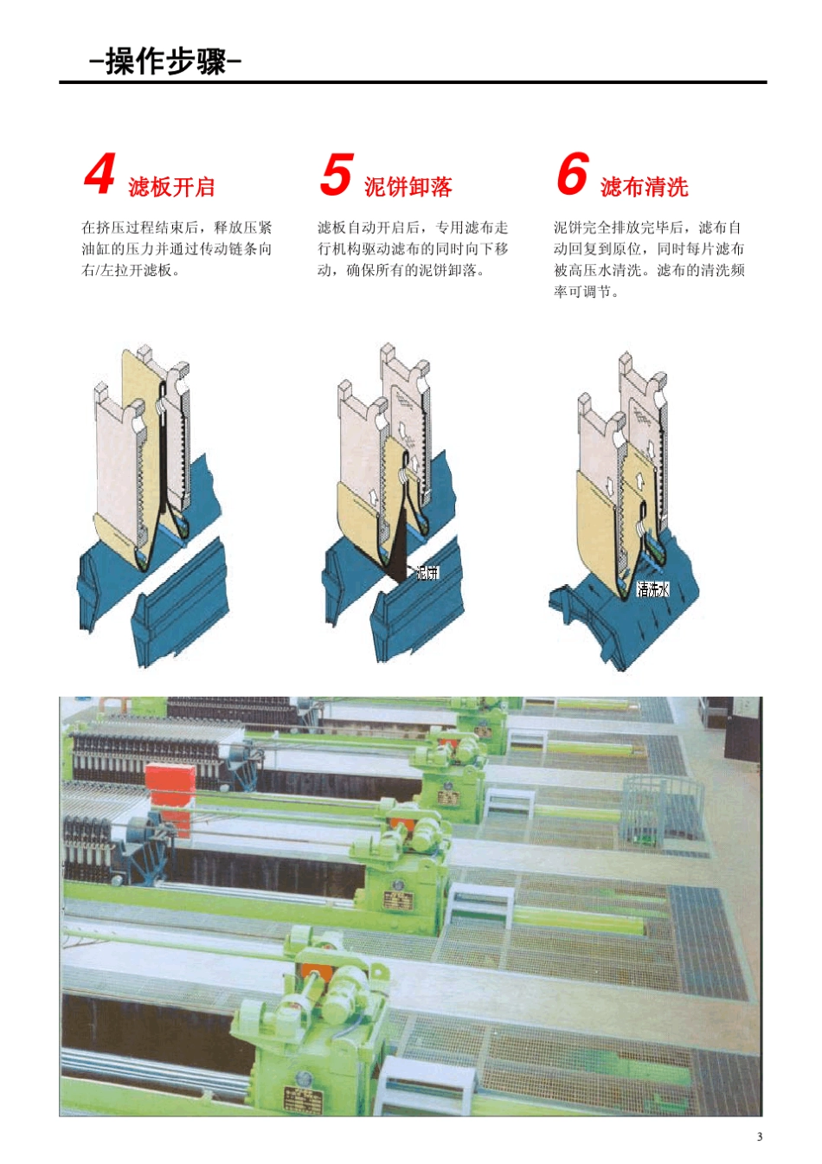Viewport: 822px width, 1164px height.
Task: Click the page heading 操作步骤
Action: point(164,61)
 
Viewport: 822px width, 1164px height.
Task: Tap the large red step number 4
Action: point(100,175)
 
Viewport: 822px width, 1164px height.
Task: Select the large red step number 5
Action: point(336,175)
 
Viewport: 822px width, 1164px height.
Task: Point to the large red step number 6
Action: point(572,175)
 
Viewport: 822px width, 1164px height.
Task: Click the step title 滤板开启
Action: point(171,187)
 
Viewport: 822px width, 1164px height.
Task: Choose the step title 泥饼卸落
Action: point(408,187)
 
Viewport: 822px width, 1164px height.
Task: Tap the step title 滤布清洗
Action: point(644,187)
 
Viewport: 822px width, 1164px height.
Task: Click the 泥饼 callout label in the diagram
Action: point(427,572)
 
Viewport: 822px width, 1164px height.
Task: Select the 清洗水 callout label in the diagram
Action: point(652,589)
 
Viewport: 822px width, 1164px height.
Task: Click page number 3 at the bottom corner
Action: point(760,1136)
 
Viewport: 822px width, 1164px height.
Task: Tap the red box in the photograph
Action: point(170,792)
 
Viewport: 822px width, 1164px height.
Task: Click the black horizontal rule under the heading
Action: point(413,82)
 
